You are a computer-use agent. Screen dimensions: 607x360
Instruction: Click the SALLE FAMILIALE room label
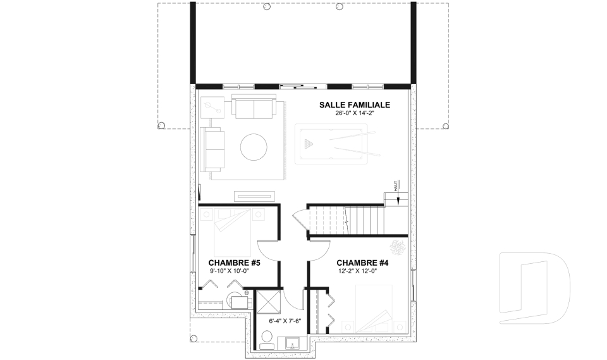[x=355, y=105]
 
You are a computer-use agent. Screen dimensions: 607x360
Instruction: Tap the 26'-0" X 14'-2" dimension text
[x=355, y=114]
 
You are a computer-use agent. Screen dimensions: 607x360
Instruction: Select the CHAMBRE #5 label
[x=234, y=263]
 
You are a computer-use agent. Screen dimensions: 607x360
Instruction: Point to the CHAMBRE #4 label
[x=362, y=263]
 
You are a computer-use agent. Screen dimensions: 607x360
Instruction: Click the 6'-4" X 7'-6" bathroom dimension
[x=285, y=321]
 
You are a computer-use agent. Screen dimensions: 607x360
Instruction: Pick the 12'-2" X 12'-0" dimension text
[x=357, y=271]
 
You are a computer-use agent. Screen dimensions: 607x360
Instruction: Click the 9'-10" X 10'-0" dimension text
[x=229, y=271]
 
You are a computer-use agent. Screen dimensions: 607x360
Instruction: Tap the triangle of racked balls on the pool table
[x=309, y=144]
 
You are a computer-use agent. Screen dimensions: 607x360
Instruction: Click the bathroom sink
[x=292, y=342]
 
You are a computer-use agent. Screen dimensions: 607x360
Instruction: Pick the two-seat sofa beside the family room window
[x=254, y=106]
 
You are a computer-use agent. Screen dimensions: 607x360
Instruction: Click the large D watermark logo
[x=535, y=288]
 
